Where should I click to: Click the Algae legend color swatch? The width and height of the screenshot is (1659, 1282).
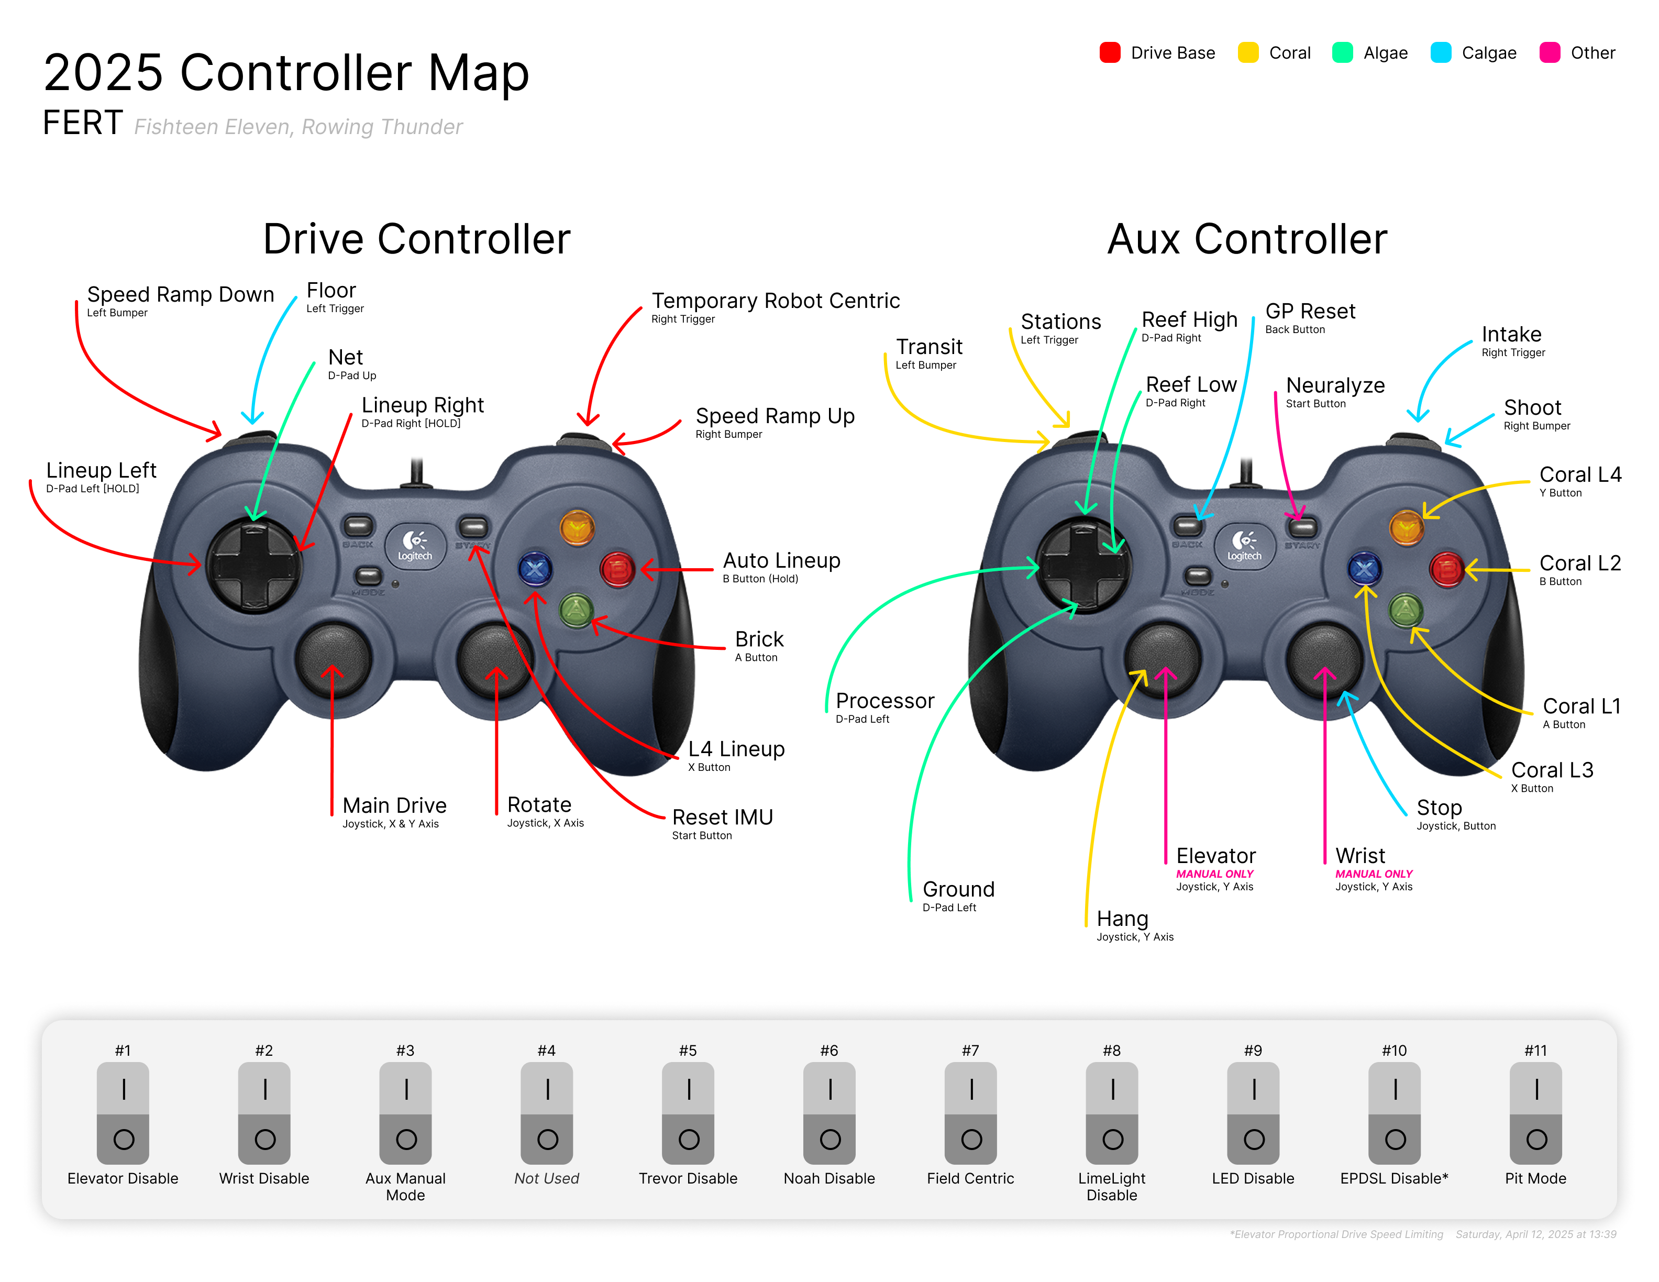coord(1342,52)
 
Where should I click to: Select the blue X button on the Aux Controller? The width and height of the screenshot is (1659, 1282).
coord(1364,568)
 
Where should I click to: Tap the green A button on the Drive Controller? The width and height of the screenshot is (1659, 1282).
coord(577,610)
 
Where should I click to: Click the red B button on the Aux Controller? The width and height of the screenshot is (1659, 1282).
coord(1447,569)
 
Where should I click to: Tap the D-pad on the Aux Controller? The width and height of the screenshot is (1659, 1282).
coord(1084,565)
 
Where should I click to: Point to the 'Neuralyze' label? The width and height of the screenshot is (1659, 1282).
coord(1335,386)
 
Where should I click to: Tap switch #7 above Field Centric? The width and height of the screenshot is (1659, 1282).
coord(971,1113)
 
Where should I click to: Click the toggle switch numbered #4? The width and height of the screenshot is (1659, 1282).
coord(547,1113)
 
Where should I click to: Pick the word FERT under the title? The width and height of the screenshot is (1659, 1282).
coord(83,123)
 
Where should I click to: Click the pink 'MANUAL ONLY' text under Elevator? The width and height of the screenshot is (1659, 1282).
coord(1214,874)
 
